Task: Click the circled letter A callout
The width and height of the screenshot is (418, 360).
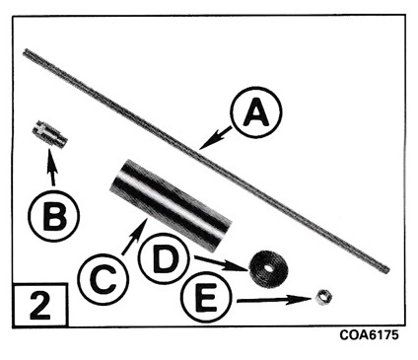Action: (256, 111)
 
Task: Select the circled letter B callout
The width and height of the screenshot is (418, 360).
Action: (53, 217)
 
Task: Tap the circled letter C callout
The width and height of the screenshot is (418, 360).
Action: (104, 279)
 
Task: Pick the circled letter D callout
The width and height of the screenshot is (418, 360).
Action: (164, 259)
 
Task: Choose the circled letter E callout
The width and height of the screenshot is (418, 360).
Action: (205, 298)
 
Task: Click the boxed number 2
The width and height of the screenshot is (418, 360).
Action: (40, 305)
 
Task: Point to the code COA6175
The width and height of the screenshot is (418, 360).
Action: (369, 335)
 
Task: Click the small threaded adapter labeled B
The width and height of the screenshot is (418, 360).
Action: (49, 134)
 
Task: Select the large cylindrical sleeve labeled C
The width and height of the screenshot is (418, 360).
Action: (171, 205)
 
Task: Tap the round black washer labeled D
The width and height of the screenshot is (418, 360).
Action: (267, 269)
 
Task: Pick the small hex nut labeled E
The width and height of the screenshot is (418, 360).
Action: (324, 297)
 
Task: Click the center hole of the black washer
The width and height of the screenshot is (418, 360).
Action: (269, 268)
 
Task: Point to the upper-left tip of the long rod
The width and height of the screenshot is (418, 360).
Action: (25, 51)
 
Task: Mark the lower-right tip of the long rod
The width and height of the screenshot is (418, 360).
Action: (387, 270)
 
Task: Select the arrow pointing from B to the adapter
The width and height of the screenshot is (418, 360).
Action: (51, 167)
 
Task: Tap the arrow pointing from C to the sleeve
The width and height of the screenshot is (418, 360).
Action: (134, 236)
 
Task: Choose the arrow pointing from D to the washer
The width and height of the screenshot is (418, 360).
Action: (221, 263)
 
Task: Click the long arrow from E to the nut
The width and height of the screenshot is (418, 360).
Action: (274, 300)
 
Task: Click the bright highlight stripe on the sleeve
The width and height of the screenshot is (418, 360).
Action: (172, 204)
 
